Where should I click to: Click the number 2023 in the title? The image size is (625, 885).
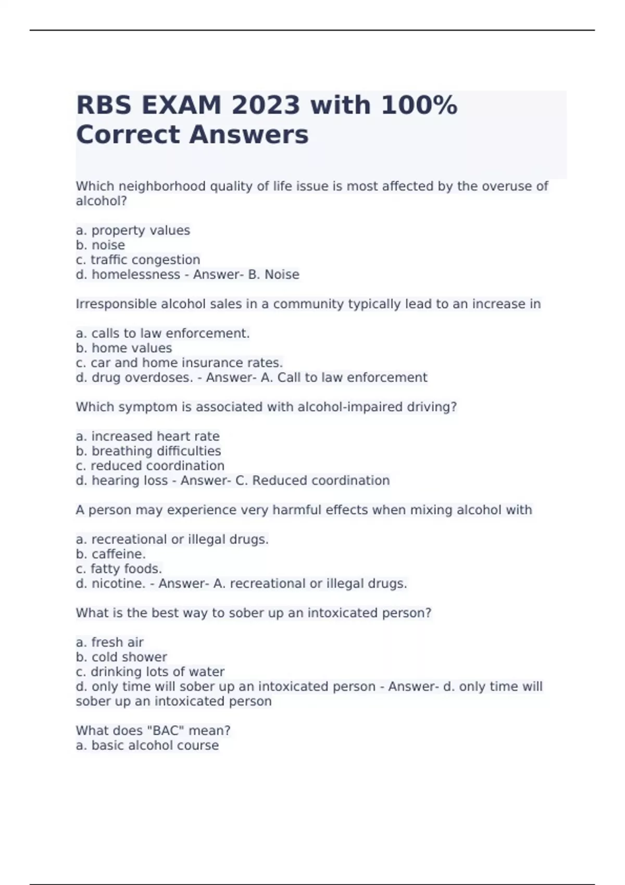[266, 106]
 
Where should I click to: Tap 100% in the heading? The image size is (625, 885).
[419, 106]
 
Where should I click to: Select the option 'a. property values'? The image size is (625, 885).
[133, 231]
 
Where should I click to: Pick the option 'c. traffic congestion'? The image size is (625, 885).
[138, 260]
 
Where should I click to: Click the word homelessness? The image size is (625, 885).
[136, 274]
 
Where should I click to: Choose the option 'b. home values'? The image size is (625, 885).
[124, 348]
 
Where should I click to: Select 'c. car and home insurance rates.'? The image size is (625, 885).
[179, 363]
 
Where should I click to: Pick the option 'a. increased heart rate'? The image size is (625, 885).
[147, 436]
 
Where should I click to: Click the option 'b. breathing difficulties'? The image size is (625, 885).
[148, 451]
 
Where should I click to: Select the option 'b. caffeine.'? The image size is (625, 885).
[111, 554]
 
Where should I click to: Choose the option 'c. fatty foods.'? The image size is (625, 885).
[119, 568]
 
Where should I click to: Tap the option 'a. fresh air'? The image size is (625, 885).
[109, 642]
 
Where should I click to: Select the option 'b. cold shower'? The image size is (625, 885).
[121, 657]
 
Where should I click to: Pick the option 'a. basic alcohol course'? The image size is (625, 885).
[147, 745]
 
